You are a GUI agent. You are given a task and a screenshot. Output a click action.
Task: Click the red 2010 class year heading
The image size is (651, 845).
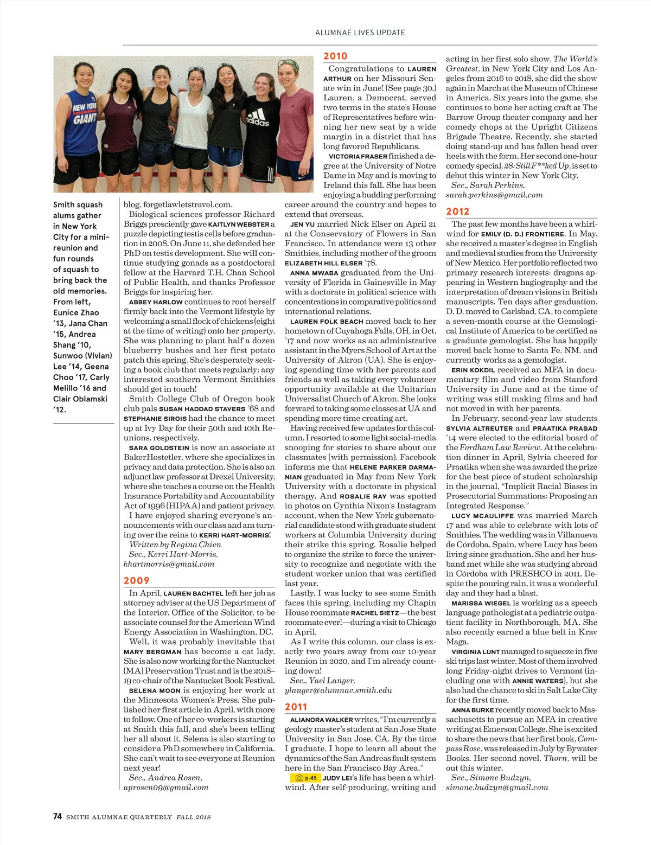pyautogui.click(x=335, y=56)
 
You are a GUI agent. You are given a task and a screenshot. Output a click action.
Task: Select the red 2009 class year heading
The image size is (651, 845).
pyautogui.click(x=136, y=581)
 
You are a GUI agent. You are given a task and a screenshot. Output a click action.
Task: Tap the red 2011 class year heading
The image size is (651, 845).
pyautogui.click(x=296, y=707)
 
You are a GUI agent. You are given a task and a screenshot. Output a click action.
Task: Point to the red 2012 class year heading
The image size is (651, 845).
pyautogui.click(x=458, y=212)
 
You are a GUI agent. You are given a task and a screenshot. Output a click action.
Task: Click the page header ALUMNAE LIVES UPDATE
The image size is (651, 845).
pyautogui.click(x=360, y=33)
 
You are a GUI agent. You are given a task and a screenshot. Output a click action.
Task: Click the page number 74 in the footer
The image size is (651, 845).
pyautogui.click(x=58, y=816)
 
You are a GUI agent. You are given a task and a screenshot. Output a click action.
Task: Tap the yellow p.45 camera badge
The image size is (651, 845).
pyautogui.click(x=306, y=778)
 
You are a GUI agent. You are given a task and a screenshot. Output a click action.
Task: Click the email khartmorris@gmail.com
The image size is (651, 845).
pyautogui.click(x=169, y=564)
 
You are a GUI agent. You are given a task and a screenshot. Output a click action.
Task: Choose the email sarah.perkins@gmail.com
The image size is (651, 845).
pyautogui.click(x=494, y=195)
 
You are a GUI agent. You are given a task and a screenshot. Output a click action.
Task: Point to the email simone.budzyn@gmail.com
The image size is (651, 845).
pyautogui.click(x=497, y=788)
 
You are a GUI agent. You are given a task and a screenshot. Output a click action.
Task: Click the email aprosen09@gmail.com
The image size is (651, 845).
pyautogui.click(x=166, y=788)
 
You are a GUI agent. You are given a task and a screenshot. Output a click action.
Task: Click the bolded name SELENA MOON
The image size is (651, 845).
pyautogui.click(x=154, y=691)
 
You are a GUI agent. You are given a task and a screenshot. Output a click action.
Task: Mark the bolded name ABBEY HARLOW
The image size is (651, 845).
pyautogui.click(x=155, y=302)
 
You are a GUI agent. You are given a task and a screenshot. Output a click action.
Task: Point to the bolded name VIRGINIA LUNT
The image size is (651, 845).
pyautogui.click(x=475, y=652)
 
